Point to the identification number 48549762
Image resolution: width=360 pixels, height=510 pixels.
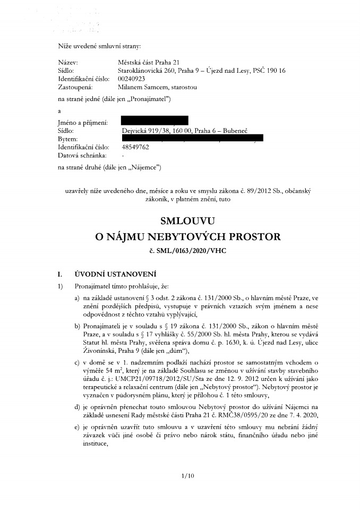click(135, 147)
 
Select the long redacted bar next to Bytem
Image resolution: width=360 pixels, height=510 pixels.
click(192, 139)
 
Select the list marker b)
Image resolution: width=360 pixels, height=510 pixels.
click(78, 326)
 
